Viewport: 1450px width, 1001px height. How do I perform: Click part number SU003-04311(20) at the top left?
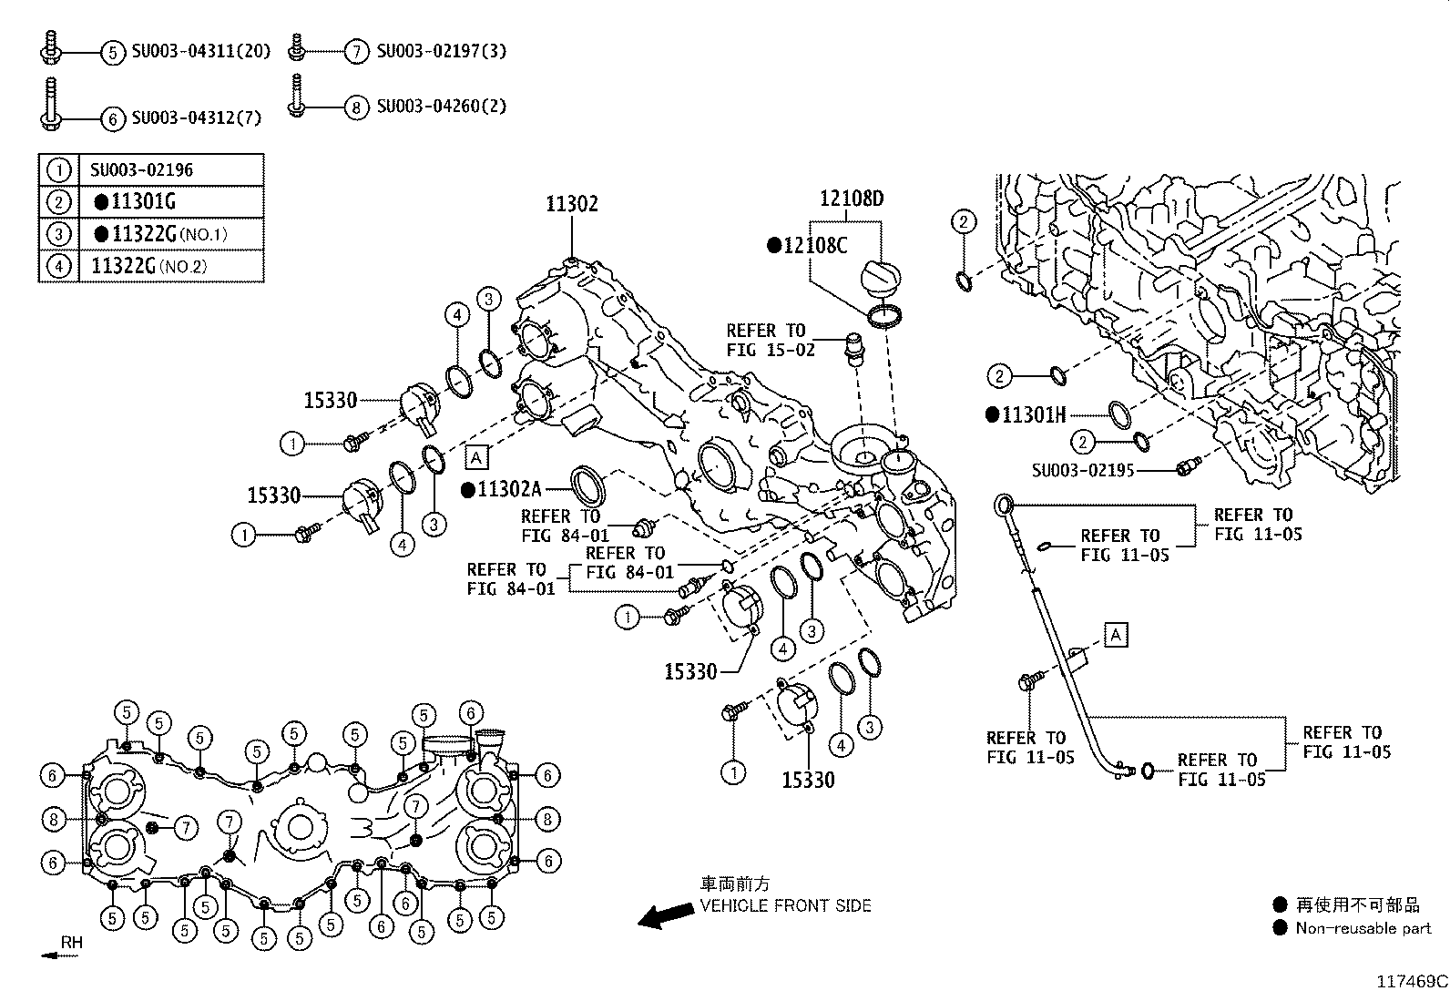pyautogui.click(x=201, y=51)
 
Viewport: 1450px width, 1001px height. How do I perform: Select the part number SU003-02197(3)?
pyautogui.click(x=441, y=51)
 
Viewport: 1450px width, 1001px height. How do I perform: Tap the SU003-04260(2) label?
pyautogui.click(x=441, y=107)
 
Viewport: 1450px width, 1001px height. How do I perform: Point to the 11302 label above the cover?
pyautogui.click(x=572, y=203)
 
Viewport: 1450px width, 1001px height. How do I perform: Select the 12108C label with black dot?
pyautogui.click(x=807, y=245)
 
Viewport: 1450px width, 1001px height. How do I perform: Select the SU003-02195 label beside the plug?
pyautogui.click(x=1083, y=470)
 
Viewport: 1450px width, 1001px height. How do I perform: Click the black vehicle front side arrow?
pyautogui.click(x=664, y=914)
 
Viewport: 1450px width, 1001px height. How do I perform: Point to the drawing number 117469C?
pyautogui.click(x=1411, y=982)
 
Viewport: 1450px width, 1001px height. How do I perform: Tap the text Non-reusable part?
pyautogui.click(x=1363, y=928)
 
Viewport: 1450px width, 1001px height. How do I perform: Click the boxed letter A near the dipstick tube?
pyautogui.click(x=1116, y=634)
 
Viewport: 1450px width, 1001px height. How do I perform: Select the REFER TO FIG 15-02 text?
pyautogui.click(x=766, y=340)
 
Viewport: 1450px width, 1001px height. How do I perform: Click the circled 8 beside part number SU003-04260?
pyautogui.click(x=357, y=107)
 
